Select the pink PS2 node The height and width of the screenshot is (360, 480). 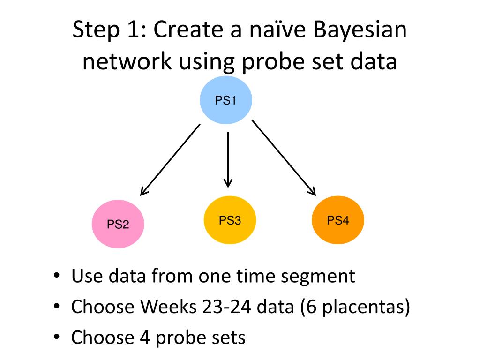pos(118,224)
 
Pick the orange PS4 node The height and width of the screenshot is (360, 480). pos(338,220)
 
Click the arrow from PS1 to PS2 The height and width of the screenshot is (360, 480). pos(171,159)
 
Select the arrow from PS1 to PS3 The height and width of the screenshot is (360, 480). pos(228,159)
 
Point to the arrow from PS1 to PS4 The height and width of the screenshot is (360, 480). pos(284,157)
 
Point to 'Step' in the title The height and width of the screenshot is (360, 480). pos(95,32)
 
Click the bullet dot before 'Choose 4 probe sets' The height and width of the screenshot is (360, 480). pos(57,337)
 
